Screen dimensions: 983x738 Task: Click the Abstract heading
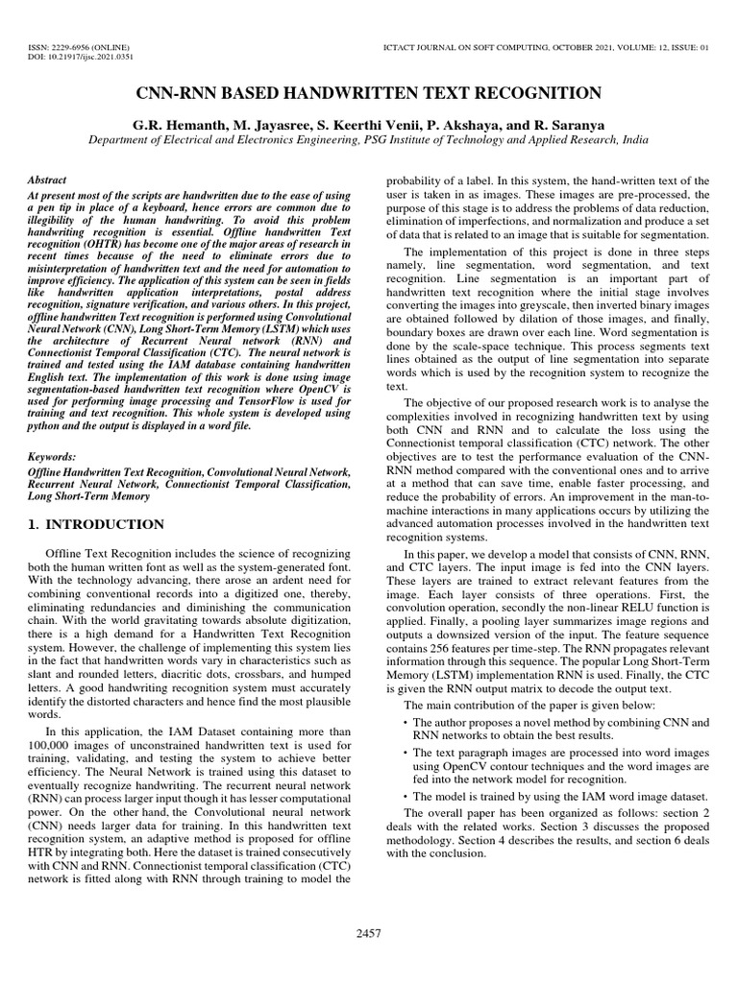pos(47,180)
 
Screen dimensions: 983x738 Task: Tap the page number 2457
pos(369,932)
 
